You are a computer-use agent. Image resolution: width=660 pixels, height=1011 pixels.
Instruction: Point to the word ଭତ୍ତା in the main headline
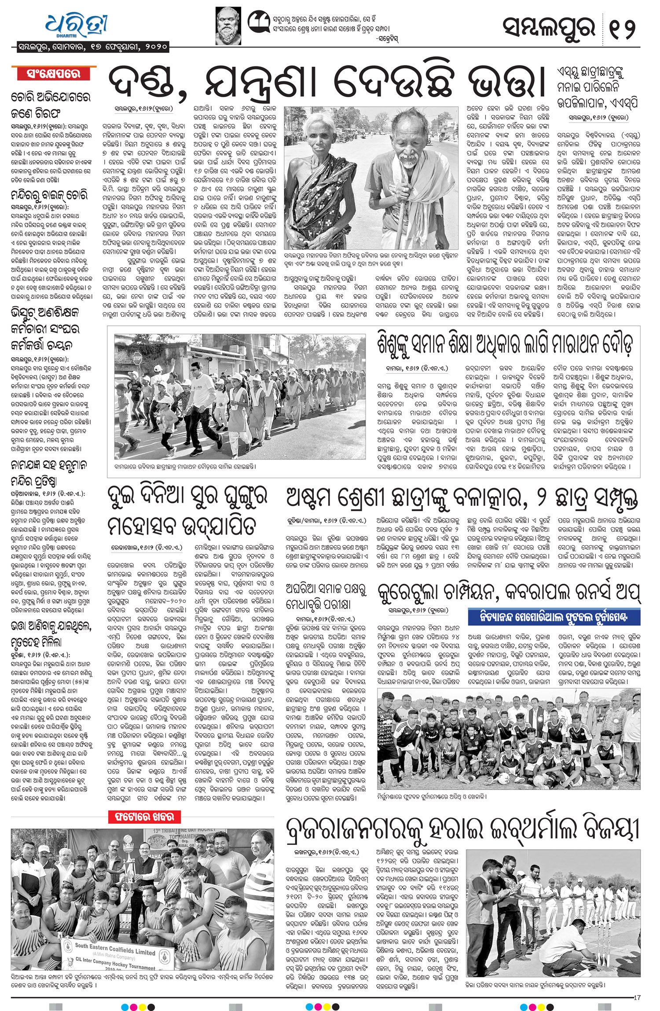[x=501, y=83]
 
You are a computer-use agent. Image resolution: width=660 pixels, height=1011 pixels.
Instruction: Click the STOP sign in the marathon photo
[x=137, y=358]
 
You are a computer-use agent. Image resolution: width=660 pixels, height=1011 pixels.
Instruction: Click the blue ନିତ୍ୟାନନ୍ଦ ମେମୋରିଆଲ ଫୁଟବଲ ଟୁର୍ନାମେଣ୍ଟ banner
[x=554, y=617]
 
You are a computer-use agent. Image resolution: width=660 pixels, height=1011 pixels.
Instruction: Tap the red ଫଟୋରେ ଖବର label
[x=142, y=817]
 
